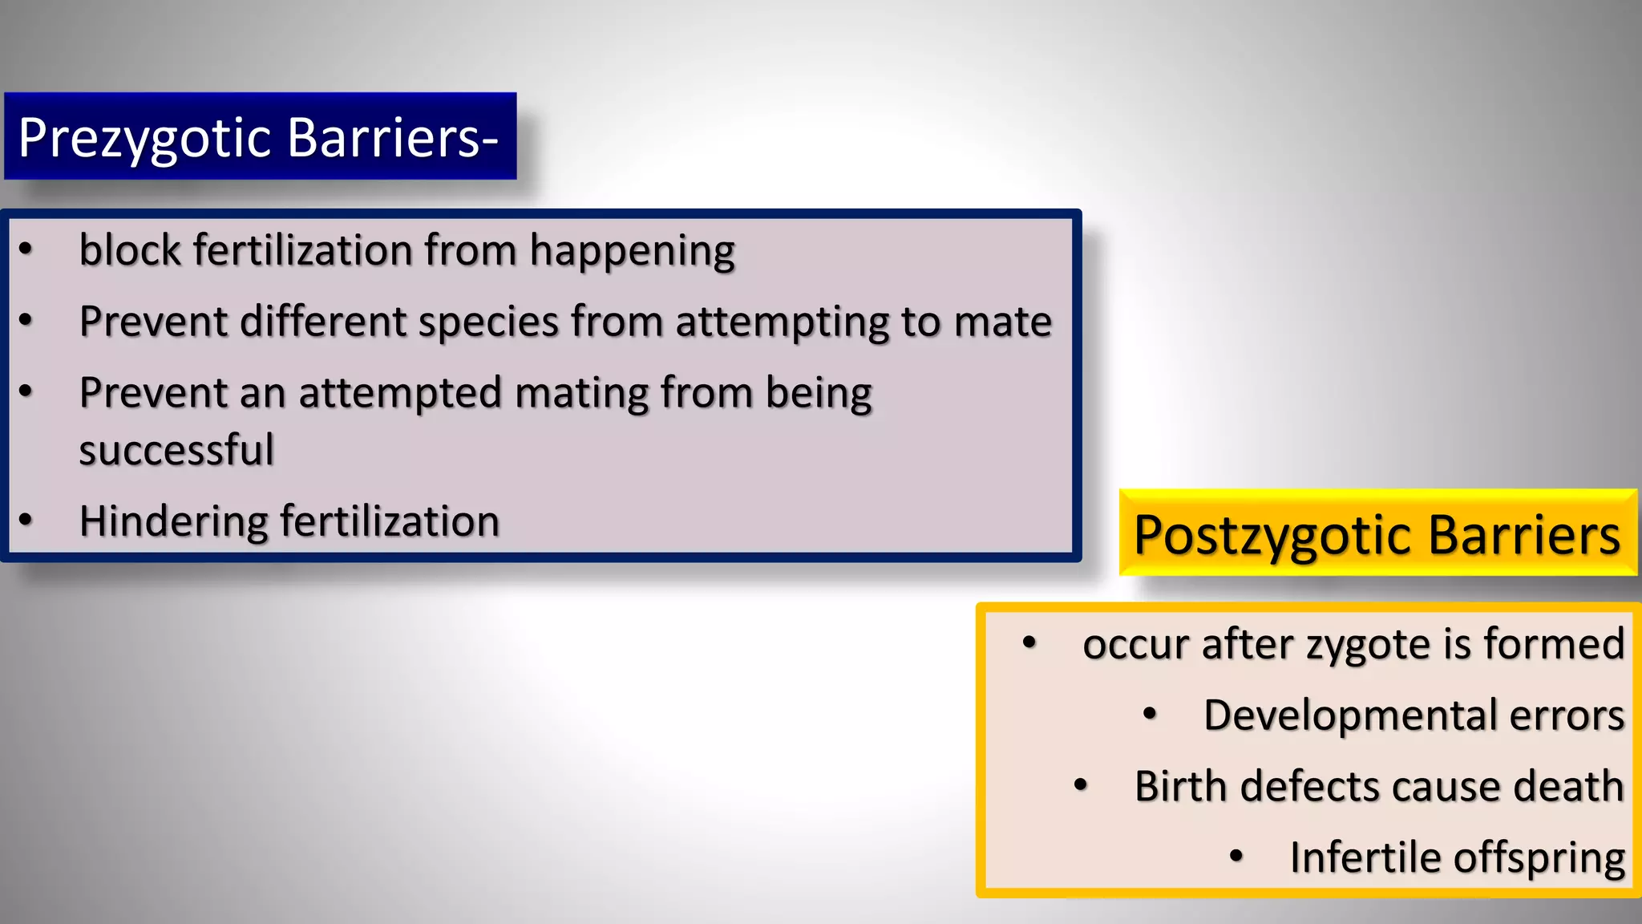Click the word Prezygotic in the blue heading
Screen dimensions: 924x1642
pyautogui.click(x=144, y=138)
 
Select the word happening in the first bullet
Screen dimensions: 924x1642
pyautogui.click(x=632, y=251)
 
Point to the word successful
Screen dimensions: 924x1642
pyautogui.click(x=176, y=449)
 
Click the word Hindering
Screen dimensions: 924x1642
pyautogui.click(x=172, y=522)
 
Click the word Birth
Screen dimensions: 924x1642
pyautogui.click(x=1181, y=786)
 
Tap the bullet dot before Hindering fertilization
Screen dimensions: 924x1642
pyautogui.click(x=26, y=521)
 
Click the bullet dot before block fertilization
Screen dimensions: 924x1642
pyautogui.click(x=26, y=249)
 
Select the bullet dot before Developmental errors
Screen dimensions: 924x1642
pyautogui.click(x=1150, y=714)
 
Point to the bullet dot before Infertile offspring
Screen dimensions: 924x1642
pyautogui.click(x=1236, y=857)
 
